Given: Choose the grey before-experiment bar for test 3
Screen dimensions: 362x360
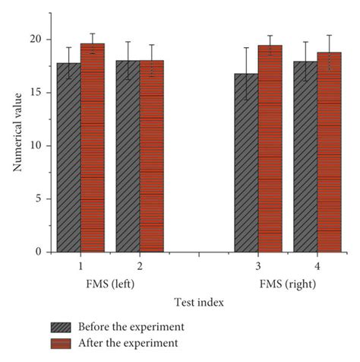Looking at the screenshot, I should [246, 163].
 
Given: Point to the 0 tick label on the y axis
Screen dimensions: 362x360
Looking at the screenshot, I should [39, 252].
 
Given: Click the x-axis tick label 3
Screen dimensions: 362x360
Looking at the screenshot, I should [257, 267].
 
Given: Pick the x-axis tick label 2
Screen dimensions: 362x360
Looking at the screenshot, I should [140, 267].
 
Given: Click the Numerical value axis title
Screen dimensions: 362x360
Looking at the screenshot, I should [17, 134].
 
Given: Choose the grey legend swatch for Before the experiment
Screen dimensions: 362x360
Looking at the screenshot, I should [61, 327].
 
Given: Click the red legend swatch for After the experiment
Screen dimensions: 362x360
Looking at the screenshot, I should [61, 343].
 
